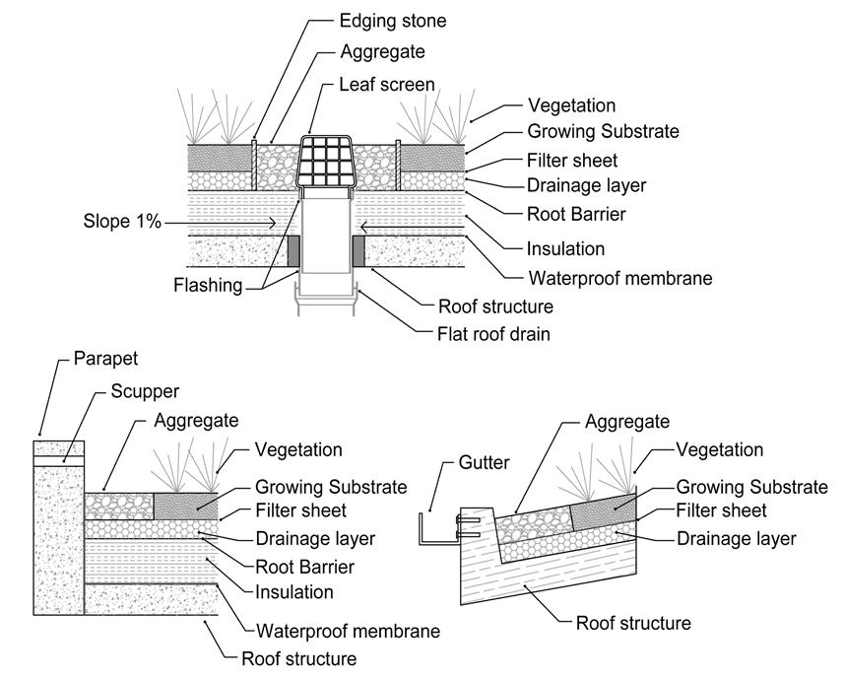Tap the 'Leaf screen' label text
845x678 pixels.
pos(388,85)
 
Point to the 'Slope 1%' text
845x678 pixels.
pos(121,222)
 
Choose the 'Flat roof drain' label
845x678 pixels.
pos(493,333)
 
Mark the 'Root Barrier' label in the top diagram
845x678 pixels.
pos(576,213)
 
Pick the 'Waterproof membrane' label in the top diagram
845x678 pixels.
pos(619,278)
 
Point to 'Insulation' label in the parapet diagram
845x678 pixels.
pos(294,592)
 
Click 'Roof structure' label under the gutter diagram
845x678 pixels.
pos(633,623)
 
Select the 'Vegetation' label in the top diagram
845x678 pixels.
pos(571,105)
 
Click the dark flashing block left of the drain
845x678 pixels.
pos(293,251)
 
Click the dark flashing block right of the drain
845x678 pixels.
pos(359,251)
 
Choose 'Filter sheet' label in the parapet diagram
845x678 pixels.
pos(300,512)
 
